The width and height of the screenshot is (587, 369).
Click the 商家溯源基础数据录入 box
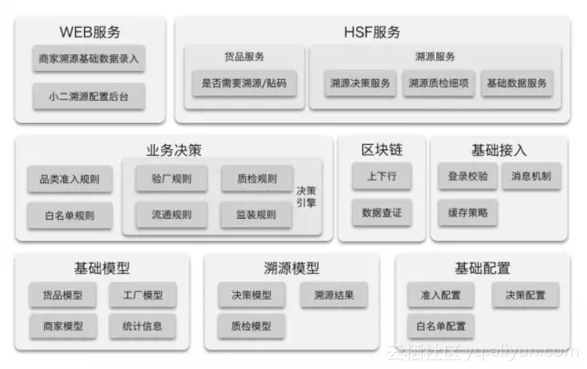(x=89, y=58)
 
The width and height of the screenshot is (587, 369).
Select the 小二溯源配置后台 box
(x=89, y=97)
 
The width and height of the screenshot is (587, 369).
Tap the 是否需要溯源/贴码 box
(x=244, y=83)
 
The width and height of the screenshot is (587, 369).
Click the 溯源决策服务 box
(x=360, y=83)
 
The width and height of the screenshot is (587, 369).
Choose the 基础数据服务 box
(x=517, y=83)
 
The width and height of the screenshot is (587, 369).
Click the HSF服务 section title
(x=372, y=33)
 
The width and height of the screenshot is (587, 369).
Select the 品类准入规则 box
(x=70, y=179)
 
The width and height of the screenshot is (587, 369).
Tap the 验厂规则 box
(x=172, y=179)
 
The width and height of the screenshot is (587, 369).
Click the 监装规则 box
(x=257, y=215)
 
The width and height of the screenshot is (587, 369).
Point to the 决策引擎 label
(x=306, y=196)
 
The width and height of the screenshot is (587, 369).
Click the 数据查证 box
(x=381, y=212)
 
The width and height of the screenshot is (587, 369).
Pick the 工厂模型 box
(x=143, y=295)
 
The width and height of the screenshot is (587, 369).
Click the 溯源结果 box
(x=334, y=295)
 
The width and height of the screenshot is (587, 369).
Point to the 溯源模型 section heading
(x=291, y=268)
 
